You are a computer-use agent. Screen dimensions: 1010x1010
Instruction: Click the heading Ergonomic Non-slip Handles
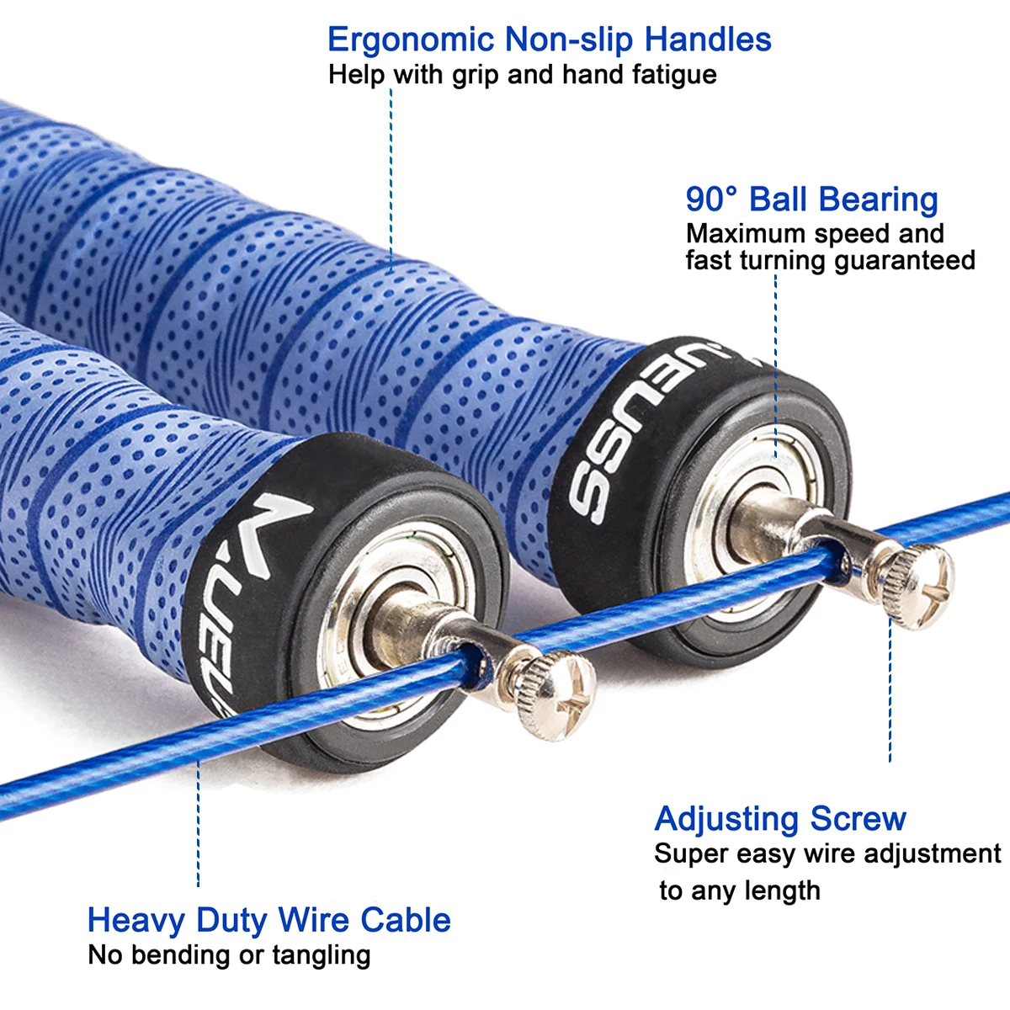pyautogui.click(x=549, y=40)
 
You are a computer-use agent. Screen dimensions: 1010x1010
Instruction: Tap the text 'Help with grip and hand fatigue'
pyautogui.click(x=522, y=75)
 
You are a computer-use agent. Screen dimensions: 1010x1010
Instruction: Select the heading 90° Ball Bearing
pyautogui.click(x=811, y=199)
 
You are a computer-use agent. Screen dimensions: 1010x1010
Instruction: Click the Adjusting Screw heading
pyautogui.click(x=780, y=819)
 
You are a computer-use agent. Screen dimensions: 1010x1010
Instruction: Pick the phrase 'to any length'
pyautogui.click(x=740, y=890)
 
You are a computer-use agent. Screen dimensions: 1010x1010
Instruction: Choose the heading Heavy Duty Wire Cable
pyautogui.click(x=268, y=920)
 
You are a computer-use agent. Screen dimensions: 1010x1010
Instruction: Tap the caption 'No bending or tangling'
pyautogui.click(x=229, y=955)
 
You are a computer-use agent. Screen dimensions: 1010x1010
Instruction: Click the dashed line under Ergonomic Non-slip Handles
pyautogui.click(x=391, y=177)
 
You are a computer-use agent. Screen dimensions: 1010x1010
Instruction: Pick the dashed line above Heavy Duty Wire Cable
pyautogui.click(x=199, y=825)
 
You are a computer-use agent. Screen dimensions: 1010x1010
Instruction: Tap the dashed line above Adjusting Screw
pyautogui.click(x=890, y=690)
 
